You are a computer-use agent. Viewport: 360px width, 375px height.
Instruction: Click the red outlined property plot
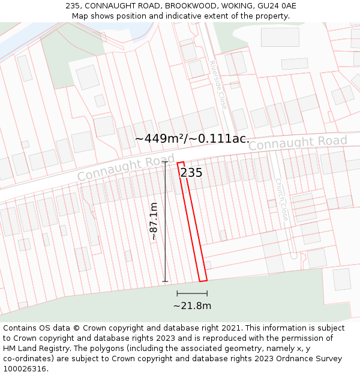point(192,222)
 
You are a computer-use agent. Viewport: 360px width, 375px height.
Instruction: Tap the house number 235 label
point(191,173)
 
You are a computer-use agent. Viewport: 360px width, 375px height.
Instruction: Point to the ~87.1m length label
point(154,221)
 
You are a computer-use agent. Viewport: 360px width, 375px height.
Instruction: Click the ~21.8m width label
point(192,306)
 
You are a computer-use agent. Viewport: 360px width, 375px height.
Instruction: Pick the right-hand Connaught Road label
point(298,143)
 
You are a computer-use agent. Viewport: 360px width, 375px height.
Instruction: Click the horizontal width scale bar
point(192,293)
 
